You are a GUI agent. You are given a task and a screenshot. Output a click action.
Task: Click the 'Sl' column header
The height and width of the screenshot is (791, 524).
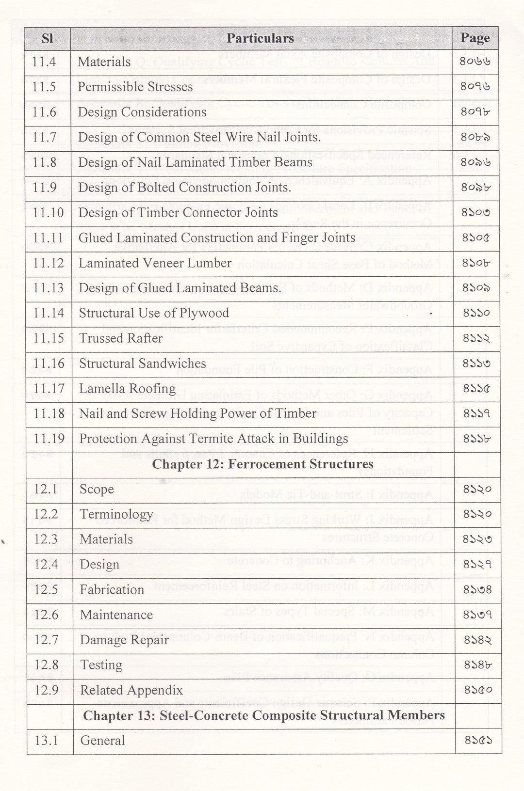click(47, 38)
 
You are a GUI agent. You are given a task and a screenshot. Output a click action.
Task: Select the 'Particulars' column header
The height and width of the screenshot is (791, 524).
click(260, 38)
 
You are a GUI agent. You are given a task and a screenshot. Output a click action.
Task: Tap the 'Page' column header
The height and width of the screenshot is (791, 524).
click(475, 38)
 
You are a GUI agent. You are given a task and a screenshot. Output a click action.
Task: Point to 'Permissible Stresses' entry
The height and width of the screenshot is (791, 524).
click(135, 87)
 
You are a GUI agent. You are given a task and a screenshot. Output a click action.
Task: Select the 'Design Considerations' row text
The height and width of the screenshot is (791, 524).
click(142, 112)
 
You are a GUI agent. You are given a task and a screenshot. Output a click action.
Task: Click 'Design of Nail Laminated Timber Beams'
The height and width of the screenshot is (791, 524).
click(195, 162)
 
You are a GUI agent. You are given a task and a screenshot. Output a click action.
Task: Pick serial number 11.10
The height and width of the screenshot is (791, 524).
click(48, 212)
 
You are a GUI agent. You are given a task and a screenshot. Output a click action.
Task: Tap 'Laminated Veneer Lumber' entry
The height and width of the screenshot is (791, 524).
click(155, 263)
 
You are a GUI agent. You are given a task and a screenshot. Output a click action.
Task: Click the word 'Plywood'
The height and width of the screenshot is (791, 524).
click(207, 313)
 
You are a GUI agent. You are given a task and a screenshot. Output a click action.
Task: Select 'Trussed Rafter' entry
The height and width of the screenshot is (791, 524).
click(121, 338)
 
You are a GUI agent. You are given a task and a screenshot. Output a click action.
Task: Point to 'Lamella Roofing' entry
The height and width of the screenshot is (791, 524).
click(127, 388)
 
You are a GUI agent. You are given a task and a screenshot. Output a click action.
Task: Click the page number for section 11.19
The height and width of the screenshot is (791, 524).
click(477, 439)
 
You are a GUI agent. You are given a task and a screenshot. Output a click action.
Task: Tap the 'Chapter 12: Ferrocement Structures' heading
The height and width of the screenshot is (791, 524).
click(262, 464)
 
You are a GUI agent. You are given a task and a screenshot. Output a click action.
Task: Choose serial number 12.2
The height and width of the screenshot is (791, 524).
click(46, 514)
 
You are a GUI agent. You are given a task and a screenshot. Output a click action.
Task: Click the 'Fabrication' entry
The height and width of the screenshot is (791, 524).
click(112, 589)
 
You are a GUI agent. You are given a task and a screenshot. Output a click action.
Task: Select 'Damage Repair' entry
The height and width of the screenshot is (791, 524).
click(124, 640)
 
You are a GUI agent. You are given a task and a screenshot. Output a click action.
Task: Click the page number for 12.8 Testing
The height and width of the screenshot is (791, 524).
click(477, 665)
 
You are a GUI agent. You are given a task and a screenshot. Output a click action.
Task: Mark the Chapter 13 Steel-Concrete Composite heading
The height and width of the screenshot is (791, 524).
click(263, 715)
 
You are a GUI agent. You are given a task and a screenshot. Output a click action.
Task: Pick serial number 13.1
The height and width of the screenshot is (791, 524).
click(46, 741)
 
